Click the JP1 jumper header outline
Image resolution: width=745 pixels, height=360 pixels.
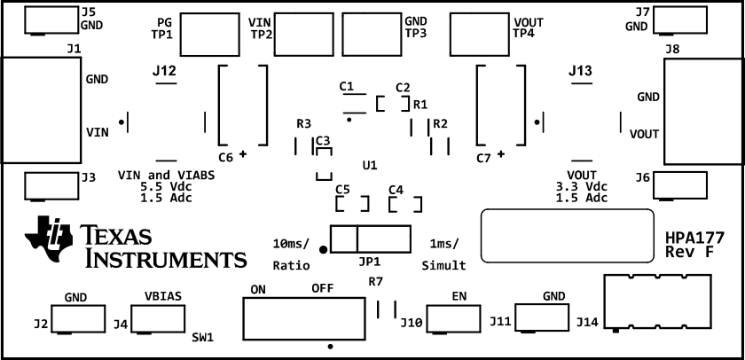tap(370, 239)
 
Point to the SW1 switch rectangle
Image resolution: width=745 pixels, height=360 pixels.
tap(303, 317)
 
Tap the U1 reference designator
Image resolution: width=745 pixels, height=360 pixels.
tap(370, 166)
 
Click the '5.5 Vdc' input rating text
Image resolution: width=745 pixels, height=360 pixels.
tap(167, 187)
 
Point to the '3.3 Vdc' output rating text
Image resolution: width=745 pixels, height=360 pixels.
tap(581, 187)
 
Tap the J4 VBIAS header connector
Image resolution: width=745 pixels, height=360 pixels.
tap(159, 319)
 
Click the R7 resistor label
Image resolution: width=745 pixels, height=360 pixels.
tap(376, 282)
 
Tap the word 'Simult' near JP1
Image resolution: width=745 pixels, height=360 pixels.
tap(443, 265)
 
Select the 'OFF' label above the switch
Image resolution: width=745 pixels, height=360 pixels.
tap(322, 289)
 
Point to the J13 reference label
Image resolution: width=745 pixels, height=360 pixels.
tap(580, 70)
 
